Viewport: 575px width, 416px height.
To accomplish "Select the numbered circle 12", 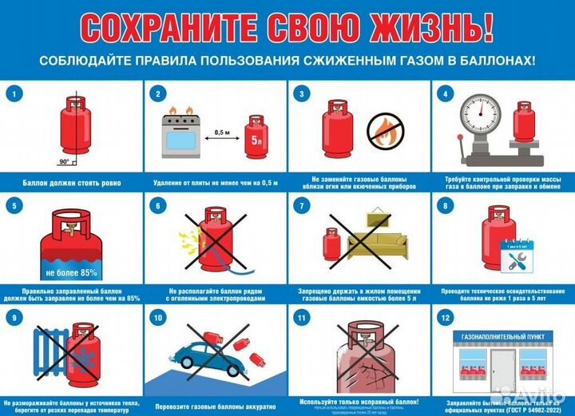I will click(x=445, y=319).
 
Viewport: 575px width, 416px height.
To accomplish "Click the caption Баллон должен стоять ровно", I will click(x=72, y=183).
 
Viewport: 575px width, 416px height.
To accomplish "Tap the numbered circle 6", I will click(x=158, y=207).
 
